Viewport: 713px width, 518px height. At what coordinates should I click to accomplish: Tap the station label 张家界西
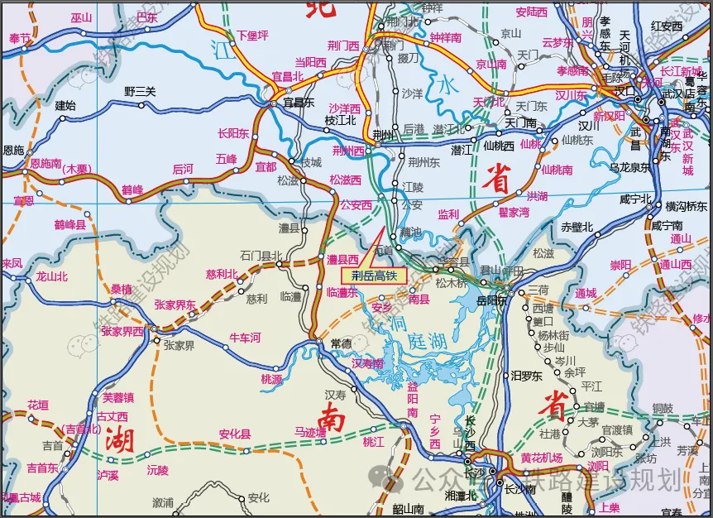click(x=122, y=331)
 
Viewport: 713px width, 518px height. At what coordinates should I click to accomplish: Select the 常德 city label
click(x=341, y=343)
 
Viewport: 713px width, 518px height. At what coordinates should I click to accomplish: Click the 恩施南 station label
click(x=45, y=164)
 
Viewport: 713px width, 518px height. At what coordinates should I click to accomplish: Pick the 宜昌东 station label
click(x=299, y=103)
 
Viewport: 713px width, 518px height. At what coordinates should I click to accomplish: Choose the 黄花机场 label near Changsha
click(x=541, y=458)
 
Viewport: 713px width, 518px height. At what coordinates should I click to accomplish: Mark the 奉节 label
click(x=19, y=37)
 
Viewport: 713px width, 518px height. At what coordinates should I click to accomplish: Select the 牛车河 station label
click(x=244, y=338)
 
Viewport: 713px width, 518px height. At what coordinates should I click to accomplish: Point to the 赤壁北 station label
click(x=577, y=227)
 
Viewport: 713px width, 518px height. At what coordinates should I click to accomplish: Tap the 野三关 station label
click(x=140, y=91)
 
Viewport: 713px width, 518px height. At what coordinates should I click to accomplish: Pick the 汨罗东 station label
click(x=526, y=376)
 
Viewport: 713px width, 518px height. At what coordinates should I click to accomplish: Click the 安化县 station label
click(x=235, y=434)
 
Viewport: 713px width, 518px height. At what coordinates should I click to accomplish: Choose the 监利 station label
click(x=448, y=214)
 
